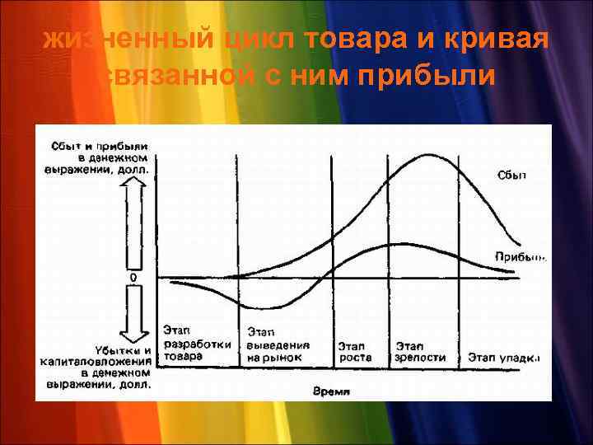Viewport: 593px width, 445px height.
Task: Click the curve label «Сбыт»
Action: (x=511, y=175)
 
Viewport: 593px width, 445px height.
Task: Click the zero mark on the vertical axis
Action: (x=133, y=278)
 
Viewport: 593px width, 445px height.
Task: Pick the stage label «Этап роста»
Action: (x=355, y=351)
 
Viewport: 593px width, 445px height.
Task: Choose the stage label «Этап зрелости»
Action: (x=420, y=351)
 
